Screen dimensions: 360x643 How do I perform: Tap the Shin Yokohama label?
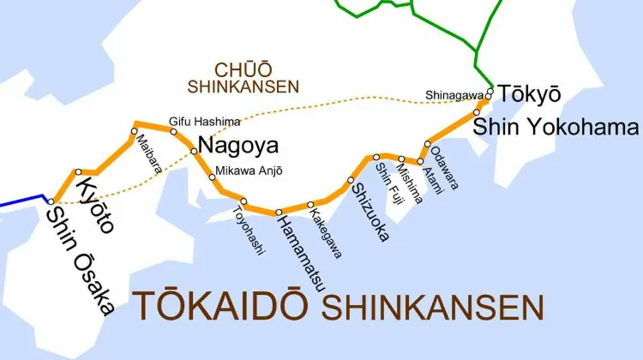(556, 127)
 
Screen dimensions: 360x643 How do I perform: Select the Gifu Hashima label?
(205, 122)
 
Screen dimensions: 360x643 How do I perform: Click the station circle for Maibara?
(134, 131)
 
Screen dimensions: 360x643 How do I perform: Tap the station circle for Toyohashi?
(243, 202)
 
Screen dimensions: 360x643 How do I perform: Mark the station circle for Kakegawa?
(310, 205)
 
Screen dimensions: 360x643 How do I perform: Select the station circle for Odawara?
(428, 144)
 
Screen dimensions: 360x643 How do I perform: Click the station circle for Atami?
(420, 161)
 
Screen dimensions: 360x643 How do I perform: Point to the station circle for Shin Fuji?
(376, 157)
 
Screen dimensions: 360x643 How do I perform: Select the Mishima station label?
(410, 183)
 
